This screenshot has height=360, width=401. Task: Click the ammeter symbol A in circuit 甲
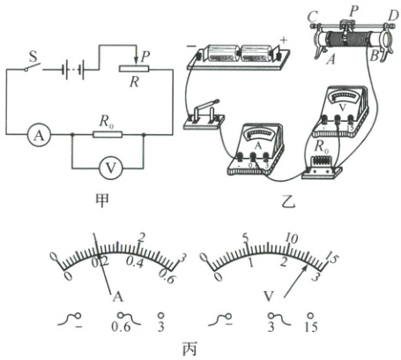coord(40,135)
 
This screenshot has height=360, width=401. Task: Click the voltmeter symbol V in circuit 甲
coord(110,169)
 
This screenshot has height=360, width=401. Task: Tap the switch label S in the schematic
coord(33,56)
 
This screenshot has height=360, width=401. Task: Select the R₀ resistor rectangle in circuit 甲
coord(108,134)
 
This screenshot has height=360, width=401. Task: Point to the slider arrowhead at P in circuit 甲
coord(136,63)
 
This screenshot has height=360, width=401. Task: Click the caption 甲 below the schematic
coord(101,200)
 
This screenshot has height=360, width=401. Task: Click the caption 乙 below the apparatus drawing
coord(287,202)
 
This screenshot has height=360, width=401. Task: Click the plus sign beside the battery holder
coord(283,41)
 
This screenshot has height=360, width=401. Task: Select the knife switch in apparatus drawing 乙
coord(204,116)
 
